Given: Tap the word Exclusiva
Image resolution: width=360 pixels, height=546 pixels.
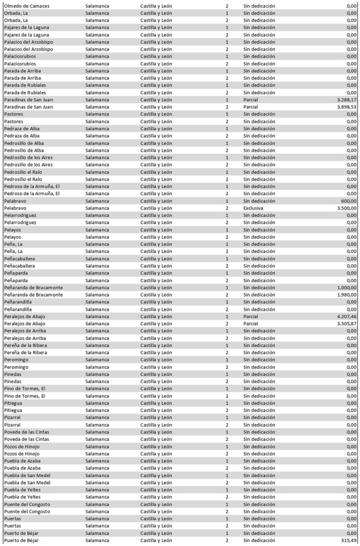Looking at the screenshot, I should click(x=253, y=208).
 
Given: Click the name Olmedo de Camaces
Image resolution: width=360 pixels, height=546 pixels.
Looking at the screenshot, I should click(x=26, y=6).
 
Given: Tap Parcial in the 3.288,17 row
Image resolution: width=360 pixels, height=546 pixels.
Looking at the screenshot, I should click(x=251, y=100).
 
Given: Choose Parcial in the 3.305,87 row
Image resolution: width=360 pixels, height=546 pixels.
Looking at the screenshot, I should click(x=251, y=324).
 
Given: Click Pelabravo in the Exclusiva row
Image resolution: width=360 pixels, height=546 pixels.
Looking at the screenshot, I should click(x=15, y=208).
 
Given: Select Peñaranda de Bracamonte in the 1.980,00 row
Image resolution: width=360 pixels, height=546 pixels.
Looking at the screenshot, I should click(x=33, y=294).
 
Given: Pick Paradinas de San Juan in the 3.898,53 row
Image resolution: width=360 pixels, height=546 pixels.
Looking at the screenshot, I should click(x=29, y=107).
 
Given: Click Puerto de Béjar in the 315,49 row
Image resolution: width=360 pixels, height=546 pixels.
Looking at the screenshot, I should click(x=21, y=540).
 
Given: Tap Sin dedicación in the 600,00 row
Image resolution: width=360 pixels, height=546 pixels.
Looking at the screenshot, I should click(x=259, y=201).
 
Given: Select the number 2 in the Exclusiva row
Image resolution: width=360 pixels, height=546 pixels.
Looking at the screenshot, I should click(x=227, y=208).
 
